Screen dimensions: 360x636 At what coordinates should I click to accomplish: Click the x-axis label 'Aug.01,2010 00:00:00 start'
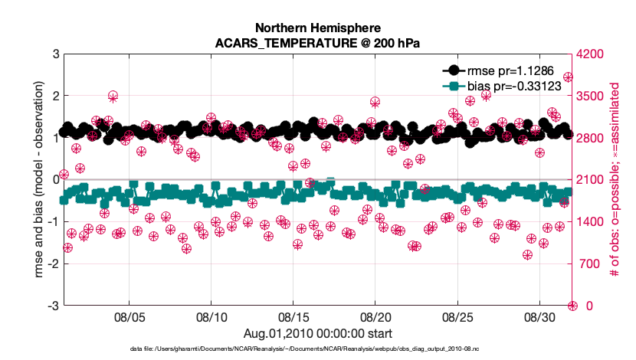point(317,333)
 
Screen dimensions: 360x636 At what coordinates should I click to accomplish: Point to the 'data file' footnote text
point(317,349)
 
